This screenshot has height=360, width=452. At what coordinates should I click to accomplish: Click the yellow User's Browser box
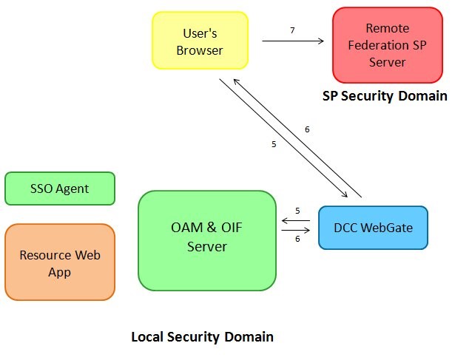coord(200,41)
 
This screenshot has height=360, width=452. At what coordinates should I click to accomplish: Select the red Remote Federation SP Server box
coord(387,45)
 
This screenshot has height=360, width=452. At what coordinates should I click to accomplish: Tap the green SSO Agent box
coord(60,189)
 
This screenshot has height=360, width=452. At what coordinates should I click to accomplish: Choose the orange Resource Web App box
coord(60,262)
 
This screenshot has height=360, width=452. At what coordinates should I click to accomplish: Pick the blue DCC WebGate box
coord(373,228)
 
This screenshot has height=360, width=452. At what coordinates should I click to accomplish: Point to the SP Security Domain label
coord(385,96)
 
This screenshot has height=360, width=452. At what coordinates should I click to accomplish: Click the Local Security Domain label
coord(202,337)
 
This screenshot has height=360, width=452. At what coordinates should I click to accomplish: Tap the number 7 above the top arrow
coord(292,30)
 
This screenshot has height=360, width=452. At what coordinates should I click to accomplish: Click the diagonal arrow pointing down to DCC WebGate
coord(281,136)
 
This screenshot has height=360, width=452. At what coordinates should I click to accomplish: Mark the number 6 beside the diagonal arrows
coord(307,129)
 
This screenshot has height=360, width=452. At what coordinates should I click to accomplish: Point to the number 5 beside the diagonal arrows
coord(274,144)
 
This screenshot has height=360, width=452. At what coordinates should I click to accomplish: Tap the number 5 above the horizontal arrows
coord(297,211)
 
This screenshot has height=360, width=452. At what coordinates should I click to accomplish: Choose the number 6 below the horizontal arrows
coord(297,240)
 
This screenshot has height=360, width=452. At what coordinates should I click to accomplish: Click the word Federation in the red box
coord(387,45)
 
